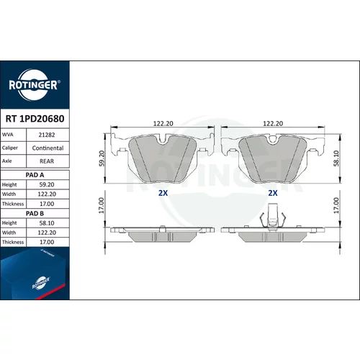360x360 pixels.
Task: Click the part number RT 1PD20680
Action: (x=35, y=119)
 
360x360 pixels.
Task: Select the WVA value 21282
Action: (x=47, y=135)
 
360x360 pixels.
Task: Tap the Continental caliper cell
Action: (x=48, y=148)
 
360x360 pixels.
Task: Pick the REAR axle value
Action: (x=47, y=161)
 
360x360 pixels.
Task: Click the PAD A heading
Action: (x=35, y=175)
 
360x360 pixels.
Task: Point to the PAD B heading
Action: (x=35, y=213)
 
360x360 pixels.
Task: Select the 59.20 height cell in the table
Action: (x=47, y=184)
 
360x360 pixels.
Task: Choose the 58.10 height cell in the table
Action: (x=47, y=223)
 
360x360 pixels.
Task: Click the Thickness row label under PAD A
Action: (x=13, y=204)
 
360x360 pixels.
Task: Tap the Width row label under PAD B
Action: (x=9, y=233)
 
